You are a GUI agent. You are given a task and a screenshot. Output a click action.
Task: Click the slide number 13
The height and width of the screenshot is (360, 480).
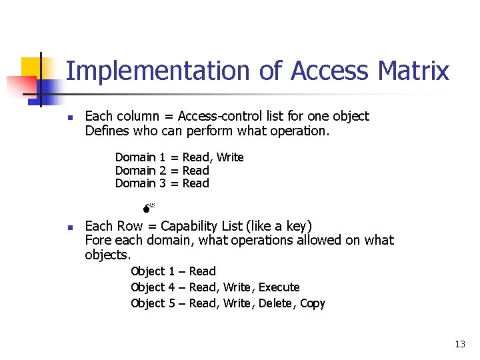[459, 344]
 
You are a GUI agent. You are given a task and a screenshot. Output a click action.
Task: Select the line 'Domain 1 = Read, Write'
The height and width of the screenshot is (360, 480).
[179, 157]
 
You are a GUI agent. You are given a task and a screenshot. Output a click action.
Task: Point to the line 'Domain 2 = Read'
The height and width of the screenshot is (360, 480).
[162, 171]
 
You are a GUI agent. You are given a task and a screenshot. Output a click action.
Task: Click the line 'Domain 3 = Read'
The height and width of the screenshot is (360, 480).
[162, 183]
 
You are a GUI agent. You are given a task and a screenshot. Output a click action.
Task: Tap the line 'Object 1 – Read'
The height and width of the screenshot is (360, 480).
[173, 271]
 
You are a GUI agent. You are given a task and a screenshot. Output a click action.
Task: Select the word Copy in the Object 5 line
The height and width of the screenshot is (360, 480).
[313, 303]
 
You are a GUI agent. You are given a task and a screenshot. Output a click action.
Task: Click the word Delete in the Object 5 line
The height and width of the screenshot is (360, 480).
[275, 303]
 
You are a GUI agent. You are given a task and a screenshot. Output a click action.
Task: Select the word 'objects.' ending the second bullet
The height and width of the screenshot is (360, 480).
[108, 255]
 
